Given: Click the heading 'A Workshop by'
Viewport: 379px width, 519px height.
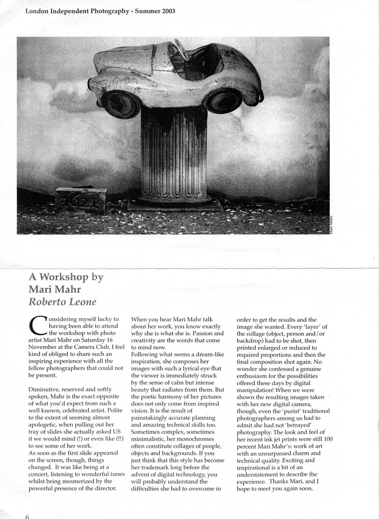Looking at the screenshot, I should coord(66,277).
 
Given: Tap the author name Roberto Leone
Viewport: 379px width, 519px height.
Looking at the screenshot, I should coord(58,300).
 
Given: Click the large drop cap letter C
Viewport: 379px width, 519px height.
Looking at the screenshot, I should coord(38,325).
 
